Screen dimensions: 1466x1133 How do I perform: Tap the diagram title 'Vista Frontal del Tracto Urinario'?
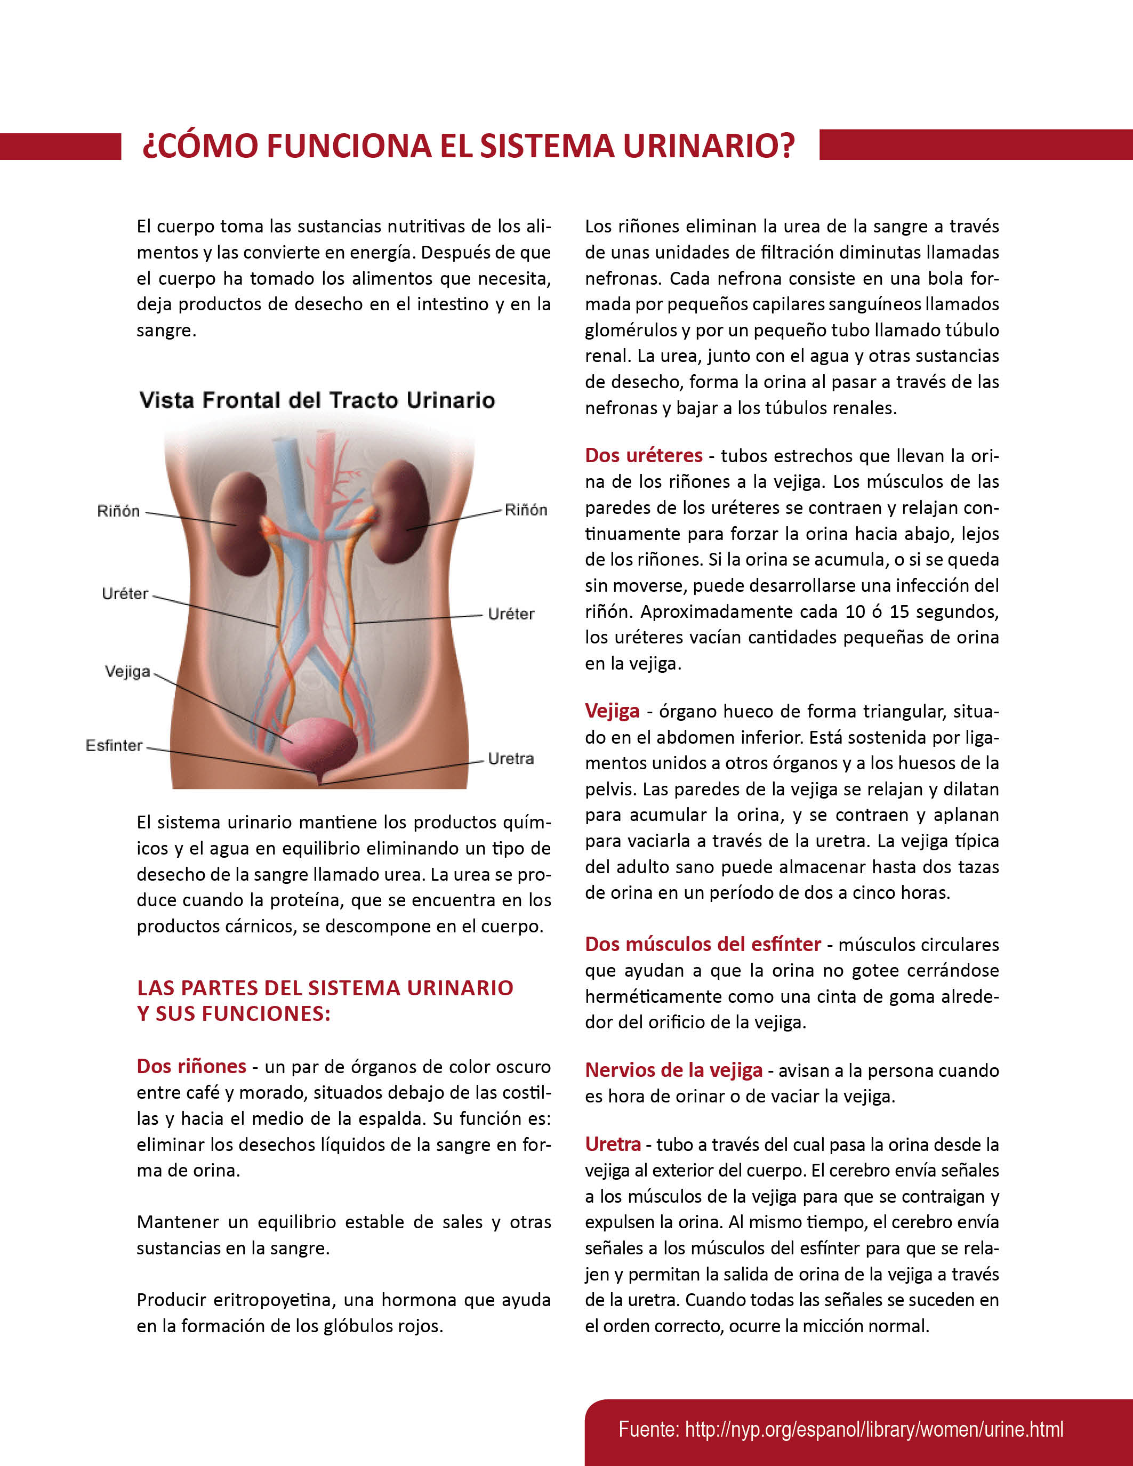(317, 400)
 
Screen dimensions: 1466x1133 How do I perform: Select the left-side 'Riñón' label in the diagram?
(118, 511)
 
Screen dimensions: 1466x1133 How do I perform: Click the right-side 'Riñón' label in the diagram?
(526, 510)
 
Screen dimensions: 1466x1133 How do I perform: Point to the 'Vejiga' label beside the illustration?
(127, 671)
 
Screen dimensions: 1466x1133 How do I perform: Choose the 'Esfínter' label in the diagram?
(114, 745)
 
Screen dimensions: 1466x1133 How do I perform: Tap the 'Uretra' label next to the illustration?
(511, 759)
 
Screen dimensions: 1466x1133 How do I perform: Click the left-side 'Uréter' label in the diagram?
(125, 593)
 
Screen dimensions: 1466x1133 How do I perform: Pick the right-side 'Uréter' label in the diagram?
(511, 614)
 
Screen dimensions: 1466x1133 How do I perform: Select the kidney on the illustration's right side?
(401, 510)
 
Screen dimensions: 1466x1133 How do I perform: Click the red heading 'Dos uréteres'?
(643, 455)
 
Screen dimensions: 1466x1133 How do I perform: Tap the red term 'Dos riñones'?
(191, 1066)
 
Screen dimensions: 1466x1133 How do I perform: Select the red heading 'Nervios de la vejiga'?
(673, 1070)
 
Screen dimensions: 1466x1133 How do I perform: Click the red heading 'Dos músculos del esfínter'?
(702, 944)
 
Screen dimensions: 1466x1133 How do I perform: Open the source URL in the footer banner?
(840, 1430)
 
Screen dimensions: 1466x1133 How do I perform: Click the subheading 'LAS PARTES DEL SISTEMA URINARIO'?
(325, 987)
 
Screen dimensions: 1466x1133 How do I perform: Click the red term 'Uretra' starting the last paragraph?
(612, 1144)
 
